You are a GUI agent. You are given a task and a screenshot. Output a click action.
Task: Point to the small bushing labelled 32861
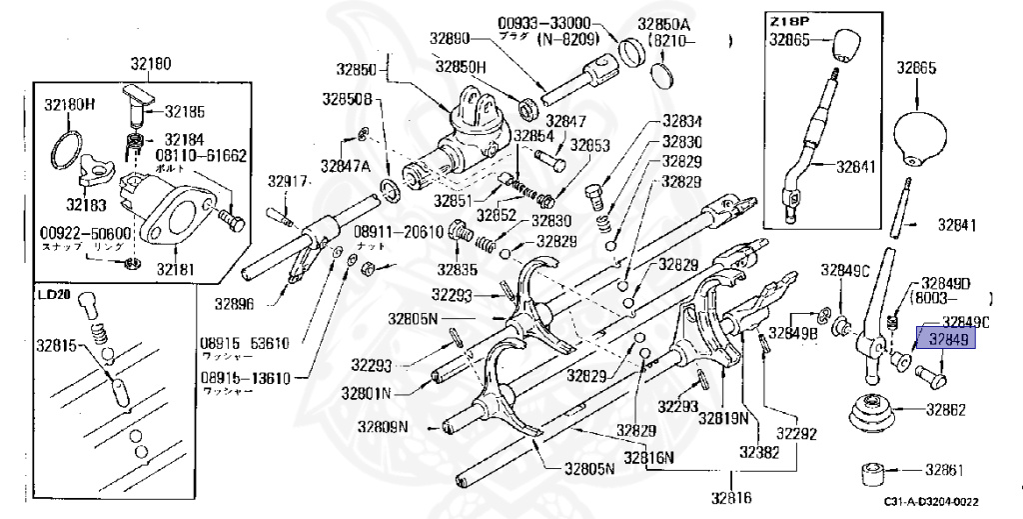pos(877,471)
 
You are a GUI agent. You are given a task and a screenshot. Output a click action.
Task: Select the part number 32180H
pos(69,103)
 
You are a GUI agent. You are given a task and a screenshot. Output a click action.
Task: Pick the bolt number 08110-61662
pos(201,157)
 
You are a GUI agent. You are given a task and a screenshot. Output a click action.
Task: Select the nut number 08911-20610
pos(398,231)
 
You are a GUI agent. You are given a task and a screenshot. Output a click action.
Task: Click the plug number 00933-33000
pos(544,22)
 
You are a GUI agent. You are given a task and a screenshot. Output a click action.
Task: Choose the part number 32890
pos(451,39)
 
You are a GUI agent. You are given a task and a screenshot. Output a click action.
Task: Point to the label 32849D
pos(946,283)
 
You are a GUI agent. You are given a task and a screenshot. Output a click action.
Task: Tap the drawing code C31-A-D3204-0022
pos(930,505)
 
